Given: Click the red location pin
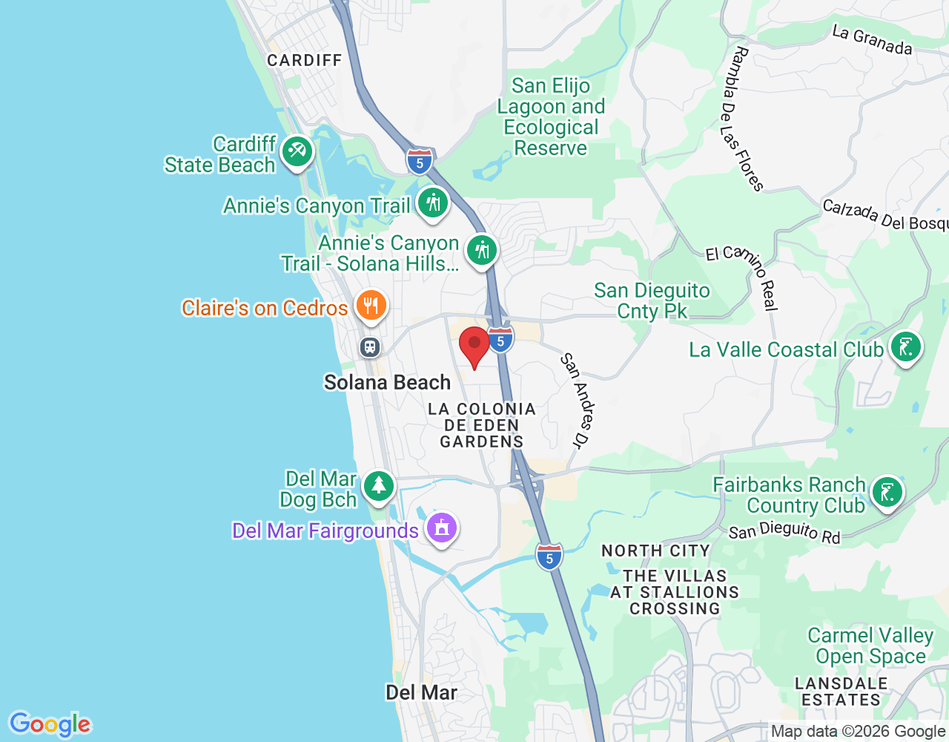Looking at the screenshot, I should coord(474,346).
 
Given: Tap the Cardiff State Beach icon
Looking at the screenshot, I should coord(297,151).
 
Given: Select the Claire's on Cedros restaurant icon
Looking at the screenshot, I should coord(371,305).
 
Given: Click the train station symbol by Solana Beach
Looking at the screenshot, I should coord(370,347).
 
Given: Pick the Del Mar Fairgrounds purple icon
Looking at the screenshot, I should coord(442,528).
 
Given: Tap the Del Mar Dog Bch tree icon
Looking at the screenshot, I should coord(379,486).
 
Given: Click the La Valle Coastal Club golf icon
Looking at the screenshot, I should coord(905,347).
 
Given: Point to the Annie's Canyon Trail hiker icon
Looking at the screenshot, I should coord(433,203).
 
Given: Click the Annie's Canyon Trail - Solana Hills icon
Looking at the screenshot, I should coord(482,249).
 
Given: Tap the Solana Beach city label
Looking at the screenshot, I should coord(387,382).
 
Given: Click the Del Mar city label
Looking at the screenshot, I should coord(421,692).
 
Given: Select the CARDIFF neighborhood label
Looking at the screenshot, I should coord(304,60).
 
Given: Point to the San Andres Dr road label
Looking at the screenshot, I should coord(576,400).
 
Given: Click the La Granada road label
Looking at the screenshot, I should coord(872,41).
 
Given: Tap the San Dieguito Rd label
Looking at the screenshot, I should coord(784,532).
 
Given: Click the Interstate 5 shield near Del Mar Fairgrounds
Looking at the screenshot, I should coord(549,556).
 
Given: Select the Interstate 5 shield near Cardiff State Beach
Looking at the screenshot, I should coord(420,161).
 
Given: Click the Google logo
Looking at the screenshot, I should coord(50,724).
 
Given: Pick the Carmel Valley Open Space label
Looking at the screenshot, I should coord(870,646).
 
